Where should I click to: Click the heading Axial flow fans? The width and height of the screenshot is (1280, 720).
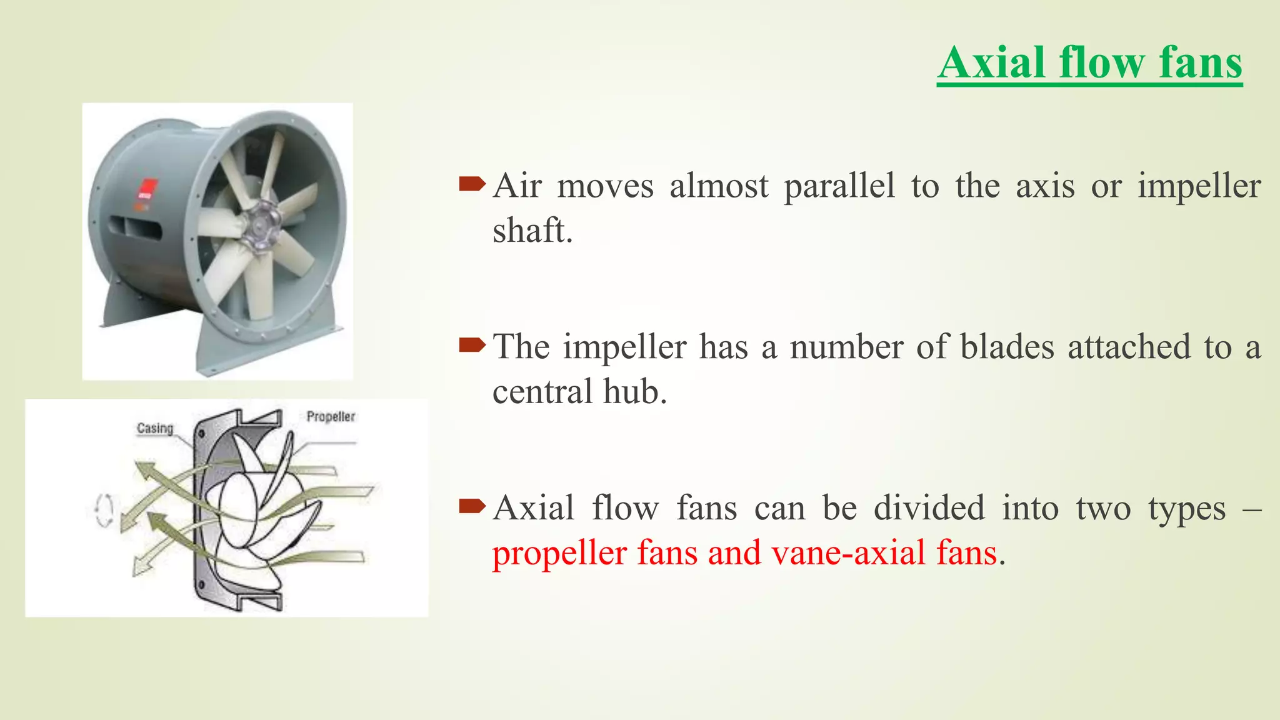1089,63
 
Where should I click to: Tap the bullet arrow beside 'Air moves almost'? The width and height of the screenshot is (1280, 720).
472,184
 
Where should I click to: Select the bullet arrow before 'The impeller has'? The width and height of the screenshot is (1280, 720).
472,344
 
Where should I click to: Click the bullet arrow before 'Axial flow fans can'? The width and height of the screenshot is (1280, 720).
472,506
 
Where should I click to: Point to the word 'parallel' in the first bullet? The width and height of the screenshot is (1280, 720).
839,187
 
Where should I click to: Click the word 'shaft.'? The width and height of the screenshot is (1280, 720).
532,231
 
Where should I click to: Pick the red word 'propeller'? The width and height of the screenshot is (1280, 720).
559,554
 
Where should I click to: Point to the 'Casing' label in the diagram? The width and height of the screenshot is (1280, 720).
154,428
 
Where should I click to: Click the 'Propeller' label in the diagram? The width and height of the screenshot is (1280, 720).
331,416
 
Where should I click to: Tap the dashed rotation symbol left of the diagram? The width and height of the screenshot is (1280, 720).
104,511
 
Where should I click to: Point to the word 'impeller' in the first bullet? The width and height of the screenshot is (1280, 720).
1199,187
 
